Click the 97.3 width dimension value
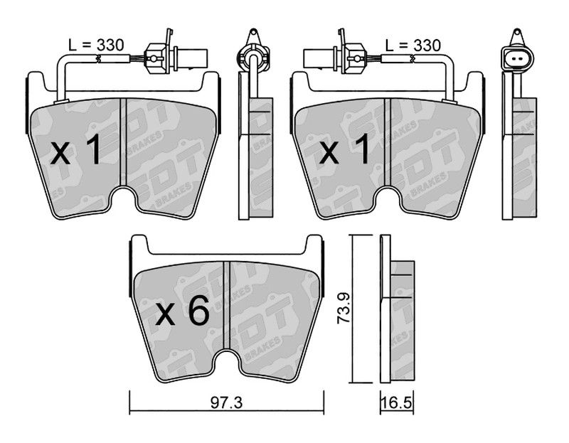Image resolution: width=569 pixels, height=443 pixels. point(226,403)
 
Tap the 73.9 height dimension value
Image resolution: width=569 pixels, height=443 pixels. point(343,309)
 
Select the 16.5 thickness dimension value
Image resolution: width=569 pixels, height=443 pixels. point(397,403)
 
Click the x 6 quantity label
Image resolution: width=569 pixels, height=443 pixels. point(182,311)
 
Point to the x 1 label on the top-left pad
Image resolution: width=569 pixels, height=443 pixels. point(75,149)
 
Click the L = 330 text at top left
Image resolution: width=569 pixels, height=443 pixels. point(96,46)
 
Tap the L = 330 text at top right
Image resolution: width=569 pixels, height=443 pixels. point(413,46)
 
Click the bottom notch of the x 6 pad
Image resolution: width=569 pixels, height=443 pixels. point(226,361)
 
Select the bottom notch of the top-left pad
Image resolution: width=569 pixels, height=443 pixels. point(123,198)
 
